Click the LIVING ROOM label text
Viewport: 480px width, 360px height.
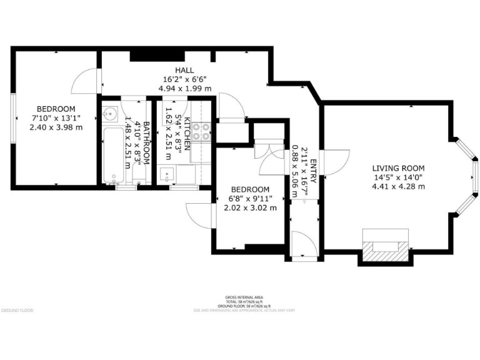[398, 168]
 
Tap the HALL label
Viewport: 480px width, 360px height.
[184, 71]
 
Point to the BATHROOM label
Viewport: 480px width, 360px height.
[146, 143]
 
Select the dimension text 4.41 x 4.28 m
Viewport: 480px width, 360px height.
[398, 186]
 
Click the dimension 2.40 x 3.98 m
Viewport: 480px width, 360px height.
[56, 127]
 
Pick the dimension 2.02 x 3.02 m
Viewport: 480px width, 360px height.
[250, 207]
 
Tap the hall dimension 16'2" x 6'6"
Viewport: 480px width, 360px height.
[184, 79]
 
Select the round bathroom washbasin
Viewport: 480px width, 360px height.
[110, 114]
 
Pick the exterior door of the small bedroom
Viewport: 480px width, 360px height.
[199, 219]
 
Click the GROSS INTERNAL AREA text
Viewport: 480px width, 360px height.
[239, 297]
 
